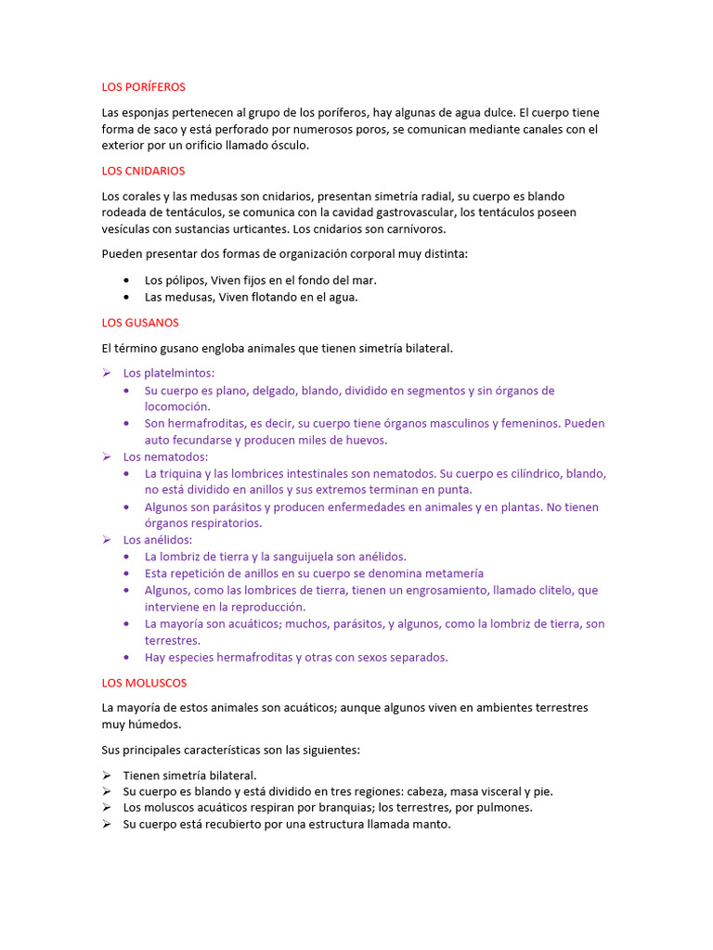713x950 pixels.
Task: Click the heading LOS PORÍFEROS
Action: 143,87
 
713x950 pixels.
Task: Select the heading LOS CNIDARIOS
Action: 143,171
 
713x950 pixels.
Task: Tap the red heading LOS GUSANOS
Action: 140,323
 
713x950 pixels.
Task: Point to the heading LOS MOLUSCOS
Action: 144,683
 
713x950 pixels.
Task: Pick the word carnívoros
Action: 412,229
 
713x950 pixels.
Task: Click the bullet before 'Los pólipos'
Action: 125,280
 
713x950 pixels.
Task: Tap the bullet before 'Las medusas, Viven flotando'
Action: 125,297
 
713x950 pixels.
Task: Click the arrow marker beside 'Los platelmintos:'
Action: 107,373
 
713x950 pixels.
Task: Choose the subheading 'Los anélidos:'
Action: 158,540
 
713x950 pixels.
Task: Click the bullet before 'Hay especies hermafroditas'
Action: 125,657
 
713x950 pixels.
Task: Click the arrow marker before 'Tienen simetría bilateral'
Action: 107,775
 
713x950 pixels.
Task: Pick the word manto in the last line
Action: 428,824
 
